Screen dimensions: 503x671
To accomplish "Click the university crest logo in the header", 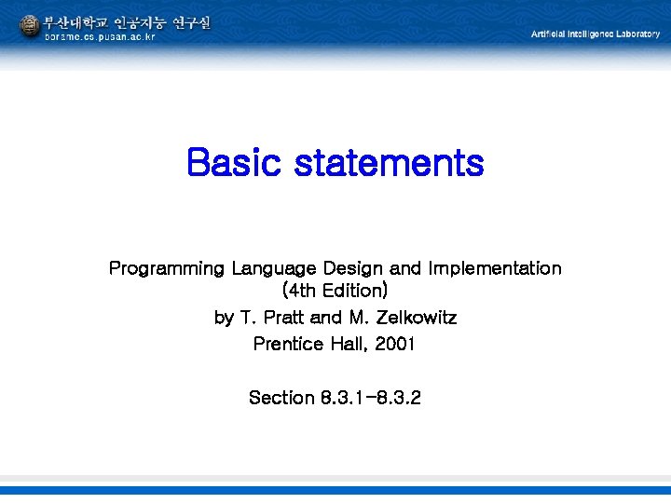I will pos(30,26).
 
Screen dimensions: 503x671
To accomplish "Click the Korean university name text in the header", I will pos(127,21).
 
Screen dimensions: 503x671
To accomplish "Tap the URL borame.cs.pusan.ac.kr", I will pos(100,37).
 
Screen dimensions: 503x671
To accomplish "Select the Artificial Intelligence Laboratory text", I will pos(595,34).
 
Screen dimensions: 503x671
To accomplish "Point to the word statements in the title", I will pos(390,163).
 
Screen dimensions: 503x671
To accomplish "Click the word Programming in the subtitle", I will pos(167,269).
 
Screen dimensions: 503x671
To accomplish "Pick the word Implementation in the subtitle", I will pos(495,268).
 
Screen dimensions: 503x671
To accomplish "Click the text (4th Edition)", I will pos(335,292).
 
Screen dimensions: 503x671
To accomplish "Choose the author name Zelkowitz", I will pos(415,318).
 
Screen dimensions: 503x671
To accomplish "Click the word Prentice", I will pos(289,345).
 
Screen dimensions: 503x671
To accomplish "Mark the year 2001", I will pos(394,345).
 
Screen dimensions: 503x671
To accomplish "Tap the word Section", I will pos(281,398).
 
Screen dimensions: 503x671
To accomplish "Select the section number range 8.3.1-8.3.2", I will pos(372,398).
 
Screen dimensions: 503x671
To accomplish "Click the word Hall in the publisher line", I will pos(350,345).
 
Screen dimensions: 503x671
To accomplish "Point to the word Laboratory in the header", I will pos(636,34).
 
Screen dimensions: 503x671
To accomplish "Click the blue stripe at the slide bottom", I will pos(335,490).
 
